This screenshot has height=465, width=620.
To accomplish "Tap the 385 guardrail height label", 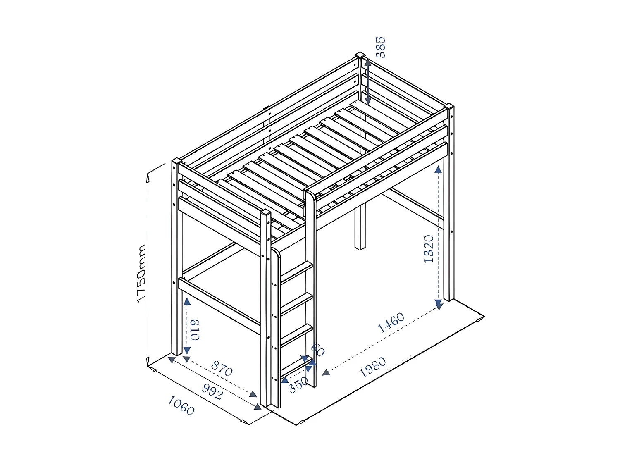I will coord(380,47).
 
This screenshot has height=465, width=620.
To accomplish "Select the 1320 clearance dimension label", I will coord(429,249).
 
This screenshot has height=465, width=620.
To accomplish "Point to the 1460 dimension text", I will coord(391,322).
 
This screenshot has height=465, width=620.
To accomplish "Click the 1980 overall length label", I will coord(372,367).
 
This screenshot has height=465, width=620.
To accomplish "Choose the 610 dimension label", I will coord(194,329).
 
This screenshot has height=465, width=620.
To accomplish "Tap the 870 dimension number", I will coord(222,368).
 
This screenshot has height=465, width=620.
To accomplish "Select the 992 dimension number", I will coord(212,391).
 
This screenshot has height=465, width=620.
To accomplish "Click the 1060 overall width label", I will coord(181,405).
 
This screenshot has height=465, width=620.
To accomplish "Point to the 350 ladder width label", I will coord(298,385).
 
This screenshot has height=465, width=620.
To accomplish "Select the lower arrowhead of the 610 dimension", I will coord(187,350).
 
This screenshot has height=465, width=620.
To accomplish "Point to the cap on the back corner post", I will coord(360,55).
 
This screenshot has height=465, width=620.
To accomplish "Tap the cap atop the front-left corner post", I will coord(176,160).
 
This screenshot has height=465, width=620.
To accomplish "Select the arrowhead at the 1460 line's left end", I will coord(326,372).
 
